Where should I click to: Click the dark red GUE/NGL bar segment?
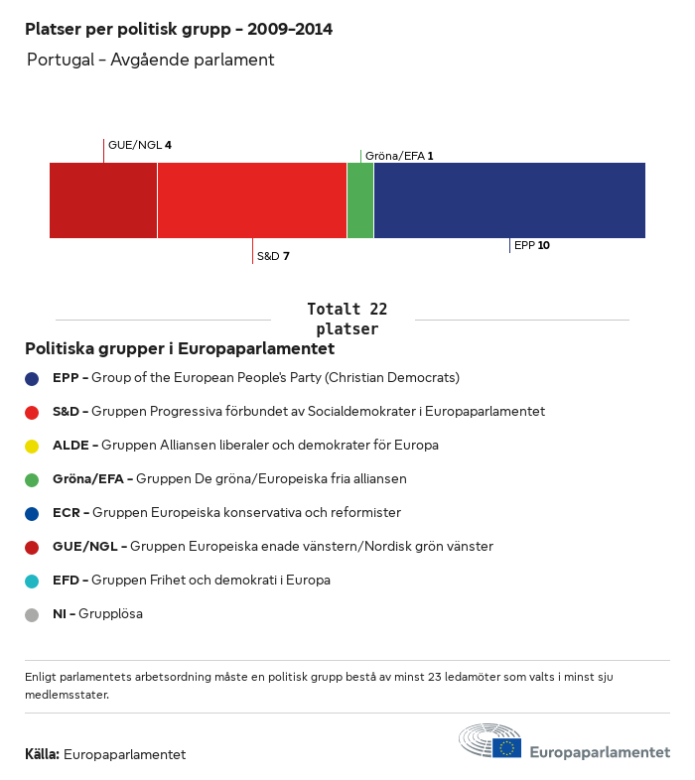click(x=103, y=200)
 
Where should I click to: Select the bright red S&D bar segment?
click(x=251, y=200)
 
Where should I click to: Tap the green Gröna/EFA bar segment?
click(x=360, y=200)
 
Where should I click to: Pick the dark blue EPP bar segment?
click(x=509, y=200)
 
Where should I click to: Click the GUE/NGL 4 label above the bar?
click(x=139, y=145)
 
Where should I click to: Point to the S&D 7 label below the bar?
click(x=273, y=256)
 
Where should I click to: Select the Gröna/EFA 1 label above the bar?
click(x=399, y=156)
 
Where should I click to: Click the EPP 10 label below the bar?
click(x=531, y=245)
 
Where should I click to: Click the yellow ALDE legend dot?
click(x=32, y=446)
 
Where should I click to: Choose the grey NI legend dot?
click(x=32, y=614)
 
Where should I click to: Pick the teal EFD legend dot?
click(x=32, y=581)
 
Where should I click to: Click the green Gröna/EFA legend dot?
click(x=32, y=479)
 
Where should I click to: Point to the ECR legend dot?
click(x=32, y=513)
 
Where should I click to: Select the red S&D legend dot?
click(x=32, y=412)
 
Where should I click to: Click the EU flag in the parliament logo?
click(x=506, y=747)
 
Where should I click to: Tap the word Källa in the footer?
click(x=42, y=754)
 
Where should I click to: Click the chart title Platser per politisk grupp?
click(x=179, y=30)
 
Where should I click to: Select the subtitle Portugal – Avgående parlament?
click(x=150, y=61)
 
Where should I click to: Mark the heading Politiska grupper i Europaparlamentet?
click(x=180, y=349)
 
